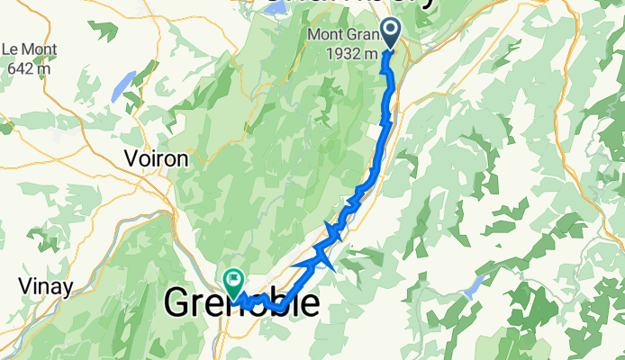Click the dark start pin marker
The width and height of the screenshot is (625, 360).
(391, 33)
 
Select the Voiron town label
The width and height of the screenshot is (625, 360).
(156, 158)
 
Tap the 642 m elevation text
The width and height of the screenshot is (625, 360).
(25, 67)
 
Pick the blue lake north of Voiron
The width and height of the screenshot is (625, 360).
(118, 86)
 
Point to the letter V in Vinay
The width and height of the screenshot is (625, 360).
(24, 287)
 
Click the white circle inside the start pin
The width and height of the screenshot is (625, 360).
(391, 30)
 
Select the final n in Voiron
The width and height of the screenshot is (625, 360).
(183, 158)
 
